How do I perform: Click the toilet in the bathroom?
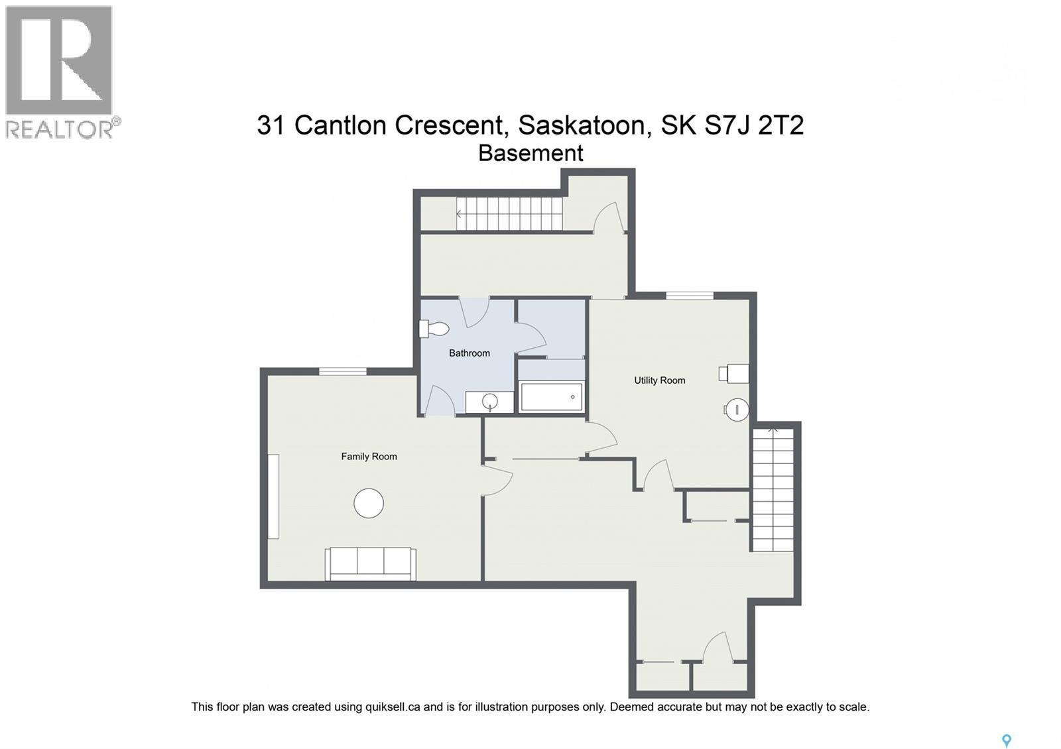coord(434,329)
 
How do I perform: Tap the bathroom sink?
coord(490,402)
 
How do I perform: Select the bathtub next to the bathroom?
coord(552,397)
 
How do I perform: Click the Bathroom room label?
coord(469,353)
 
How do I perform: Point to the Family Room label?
coord(369,457)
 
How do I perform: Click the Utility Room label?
coord(659,380)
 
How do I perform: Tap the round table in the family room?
coord(369,504)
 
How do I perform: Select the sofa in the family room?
coord(370,563)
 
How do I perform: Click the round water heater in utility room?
coord(736,410)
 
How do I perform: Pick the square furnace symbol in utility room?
coord(735,374)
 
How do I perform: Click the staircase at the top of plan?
coord(509,214)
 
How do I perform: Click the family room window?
coord(342,372)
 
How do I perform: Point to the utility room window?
coord(690,296)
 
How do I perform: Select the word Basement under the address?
coord(530,153)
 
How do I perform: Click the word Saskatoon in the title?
coord(582,125)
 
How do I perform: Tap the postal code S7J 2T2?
coord(754,125)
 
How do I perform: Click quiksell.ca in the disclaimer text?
coord(393,707)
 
